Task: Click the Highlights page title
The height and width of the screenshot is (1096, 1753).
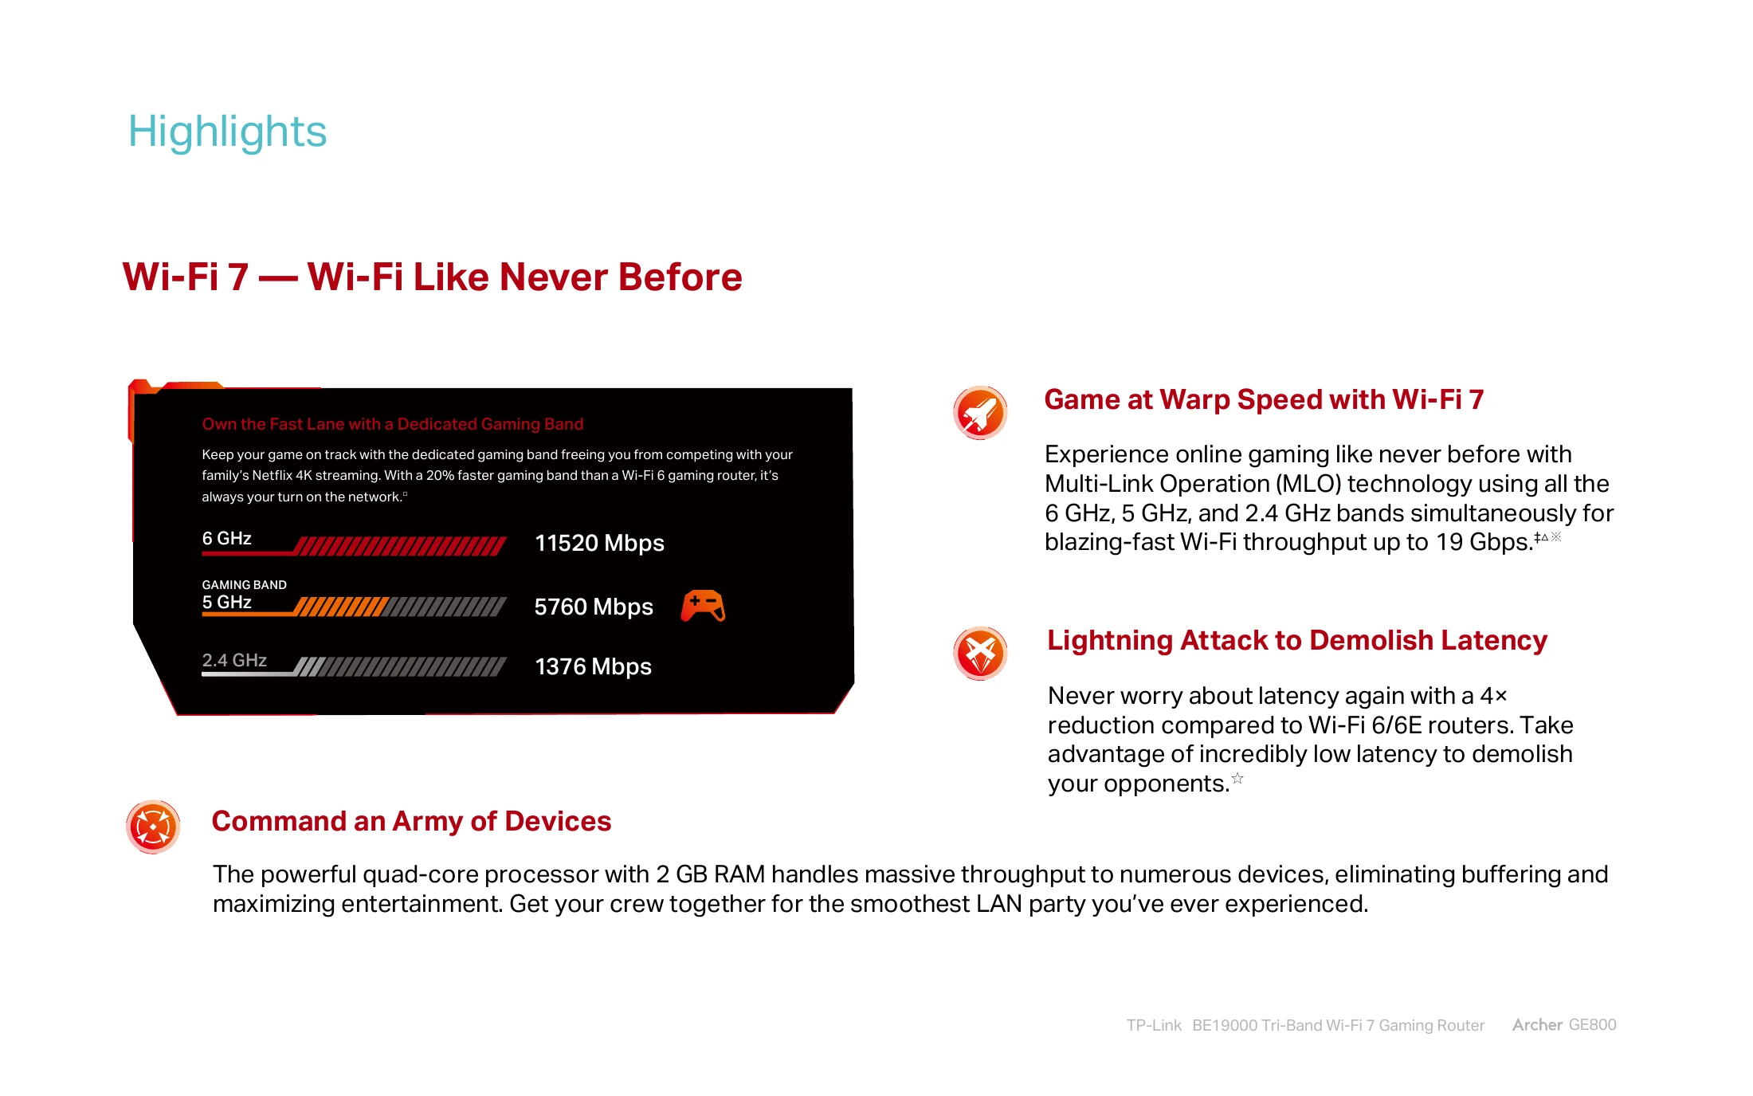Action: coord(227,132)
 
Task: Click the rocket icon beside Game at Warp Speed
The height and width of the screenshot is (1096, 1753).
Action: coord(980,413)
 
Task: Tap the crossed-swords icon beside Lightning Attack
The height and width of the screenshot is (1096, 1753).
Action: coord(980,654)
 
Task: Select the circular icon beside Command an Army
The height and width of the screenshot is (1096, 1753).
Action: coord(153,827)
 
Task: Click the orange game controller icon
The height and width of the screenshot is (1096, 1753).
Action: coord(703,606)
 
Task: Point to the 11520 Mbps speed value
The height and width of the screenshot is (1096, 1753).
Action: coord(599,543)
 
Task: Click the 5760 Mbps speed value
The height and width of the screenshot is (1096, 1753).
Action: coord(594,607)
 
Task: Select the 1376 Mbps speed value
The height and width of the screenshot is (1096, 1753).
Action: coord(593,666)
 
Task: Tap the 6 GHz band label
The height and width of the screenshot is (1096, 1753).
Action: coord(227,539)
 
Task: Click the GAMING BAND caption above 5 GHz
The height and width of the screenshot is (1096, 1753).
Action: coord(244,584)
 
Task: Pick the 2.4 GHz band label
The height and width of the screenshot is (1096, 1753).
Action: coord(234,660)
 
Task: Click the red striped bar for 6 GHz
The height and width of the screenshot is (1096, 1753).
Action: coord(400,546)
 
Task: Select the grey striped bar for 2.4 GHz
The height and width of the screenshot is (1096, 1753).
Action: coord(400,666)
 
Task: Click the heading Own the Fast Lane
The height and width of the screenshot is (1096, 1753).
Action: coord(393,424)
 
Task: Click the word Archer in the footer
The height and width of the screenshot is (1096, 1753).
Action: coord(1537,1025)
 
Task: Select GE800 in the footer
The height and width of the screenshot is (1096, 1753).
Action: coord(1592,1025)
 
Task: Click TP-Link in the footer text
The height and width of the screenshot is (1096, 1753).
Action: coord(1154,1025)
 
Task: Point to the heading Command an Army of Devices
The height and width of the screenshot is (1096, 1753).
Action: coord(411,821)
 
